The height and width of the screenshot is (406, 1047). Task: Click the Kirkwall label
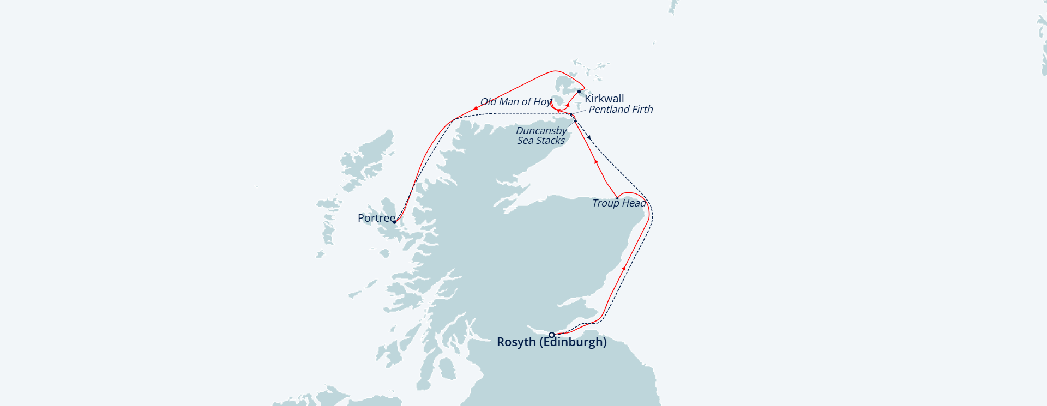tap(604, 99)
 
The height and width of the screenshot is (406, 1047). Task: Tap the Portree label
tap(376, 218)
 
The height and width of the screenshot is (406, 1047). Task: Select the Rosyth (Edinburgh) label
tap(551, 342)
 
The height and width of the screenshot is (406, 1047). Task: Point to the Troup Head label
tap(619, 203)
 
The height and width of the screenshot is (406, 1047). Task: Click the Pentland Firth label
tap(621, 110)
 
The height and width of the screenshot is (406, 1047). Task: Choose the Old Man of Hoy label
tap(515, 102)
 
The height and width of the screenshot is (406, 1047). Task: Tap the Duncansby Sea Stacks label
tap(541, 136)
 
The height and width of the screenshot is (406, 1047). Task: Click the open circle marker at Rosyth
tap(552, 335)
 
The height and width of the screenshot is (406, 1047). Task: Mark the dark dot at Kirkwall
tap(579, 92)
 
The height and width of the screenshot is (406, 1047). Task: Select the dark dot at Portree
tap(394, 222)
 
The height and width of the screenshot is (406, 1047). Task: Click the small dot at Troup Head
tap(617, 198)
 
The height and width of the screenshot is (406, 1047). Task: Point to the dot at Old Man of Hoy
tap(551, 100)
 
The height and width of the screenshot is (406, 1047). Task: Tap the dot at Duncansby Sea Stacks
tap(575, 121)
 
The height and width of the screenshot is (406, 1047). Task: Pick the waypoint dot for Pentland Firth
tap(571, 114)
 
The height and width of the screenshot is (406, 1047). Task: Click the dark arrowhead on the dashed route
tap(589, 137)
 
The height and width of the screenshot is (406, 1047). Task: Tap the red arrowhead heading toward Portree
tap(476, 108)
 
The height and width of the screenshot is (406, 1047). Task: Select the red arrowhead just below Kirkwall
tap(568, 105)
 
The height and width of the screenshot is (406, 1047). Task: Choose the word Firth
tap(642, 110)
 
